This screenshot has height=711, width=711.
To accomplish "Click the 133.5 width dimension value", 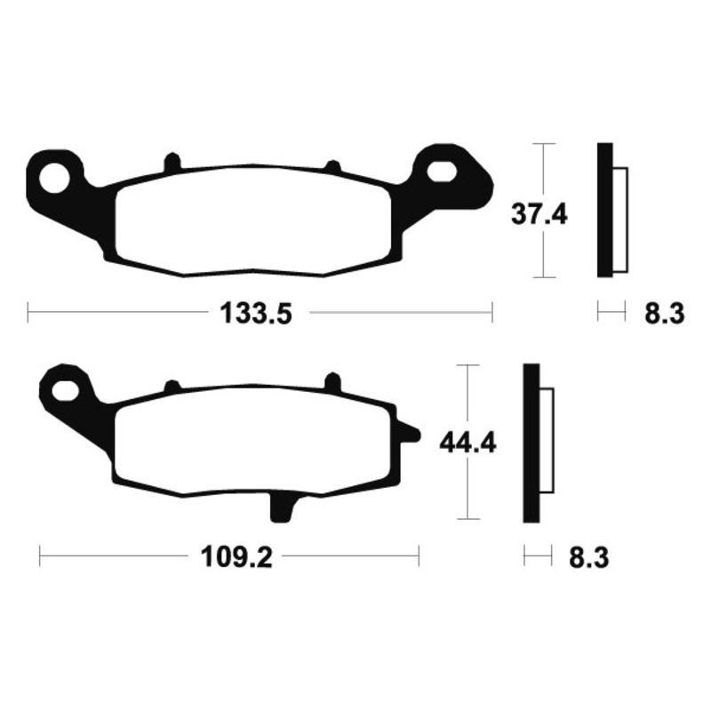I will (255, 313).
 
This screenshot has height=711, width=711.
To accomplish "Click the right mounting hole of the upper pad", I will (442, 168).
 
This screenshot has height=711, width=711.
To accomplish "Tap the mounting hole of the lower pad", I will (65, 389).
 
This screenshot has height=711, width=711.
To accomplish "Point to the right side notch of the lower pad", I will (410, 435).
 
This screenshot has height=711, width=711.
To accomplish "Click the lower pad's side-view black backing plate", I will (531, 442).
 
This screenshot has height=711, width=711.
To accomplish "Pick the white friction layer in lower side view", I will (547, 442).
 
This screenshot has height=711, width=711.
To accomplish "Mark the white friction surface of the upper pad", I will (253, 219).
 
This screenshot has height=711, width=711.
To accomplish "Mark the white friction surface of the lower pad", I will (253, 440).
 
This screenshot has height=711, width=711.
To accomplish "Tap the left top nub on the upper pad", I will (172, 163).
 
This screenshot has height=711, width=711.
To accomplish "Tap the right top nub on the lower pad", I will (334, 382).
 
